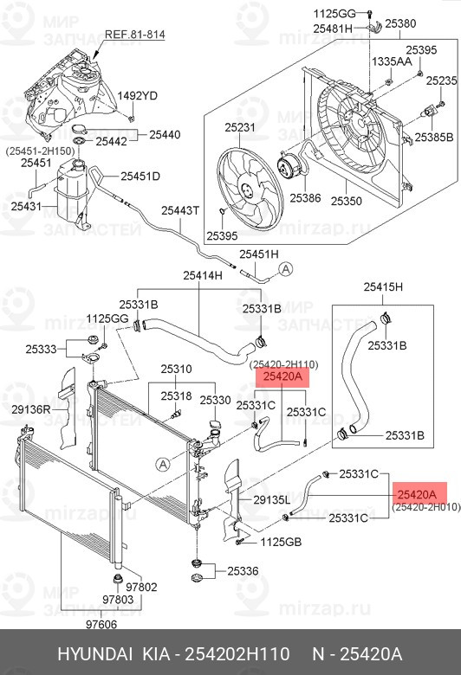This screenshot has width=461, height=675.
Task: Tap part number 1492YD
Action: tap(137, 95)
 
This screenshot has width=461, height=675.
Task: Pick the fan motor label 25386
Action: tap(305, 198)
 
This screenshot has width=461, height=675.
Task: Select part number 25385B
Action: tap(433, 137)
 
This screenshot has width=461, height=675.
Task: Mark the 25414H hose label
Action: tap(203, 275)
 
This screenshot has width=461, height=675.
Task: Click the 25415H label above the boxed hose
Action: tap(384, 286)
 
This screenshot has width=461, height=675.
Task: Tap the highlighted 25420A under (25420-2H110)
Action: tap(283, 377)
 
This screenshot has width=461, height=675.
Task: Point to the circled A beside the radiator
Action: tap(160, 465)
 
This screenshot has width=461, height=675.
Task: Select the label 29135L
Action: tap(271, 499)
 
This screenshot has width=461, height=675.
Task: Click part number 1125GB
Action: tap(281, 543)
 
